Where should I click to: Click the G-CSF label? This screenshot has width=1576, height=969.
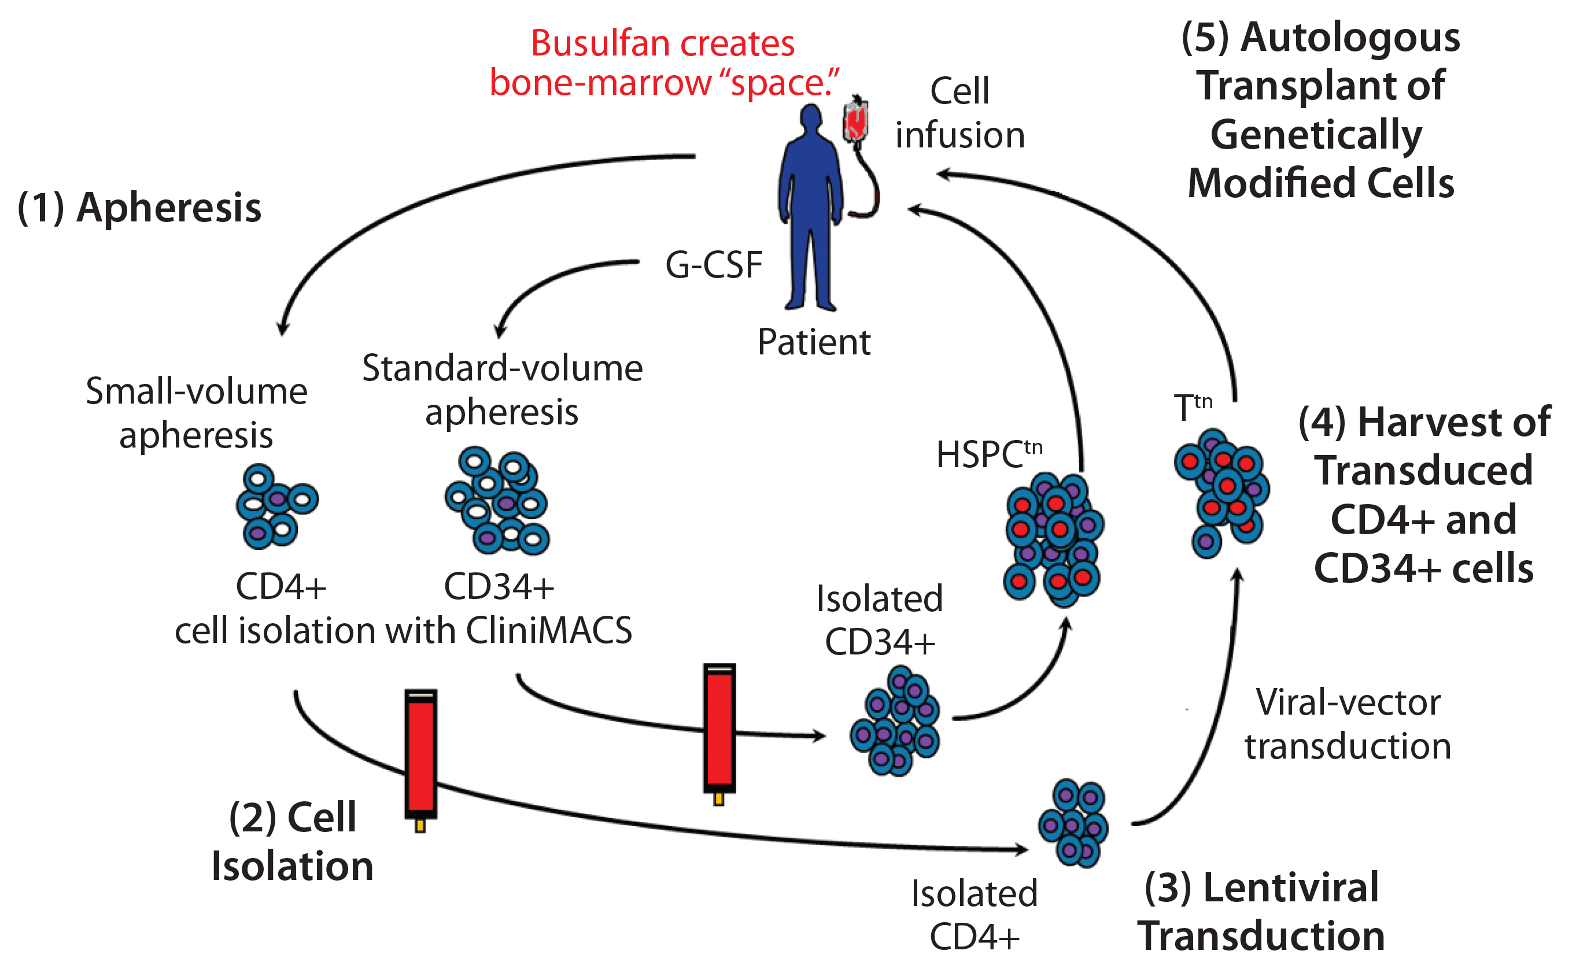[713, 265]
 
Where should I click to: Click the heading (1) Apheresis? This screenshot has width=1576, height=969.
[140, 208]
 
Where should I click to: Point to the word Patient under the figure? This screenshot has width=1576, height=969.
[813, 342]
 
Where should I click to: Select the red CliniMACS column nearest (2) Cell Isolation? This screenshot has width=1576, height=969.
[420, 757]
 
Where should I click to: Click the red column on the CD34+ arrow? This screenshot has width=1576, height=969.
[719, 730]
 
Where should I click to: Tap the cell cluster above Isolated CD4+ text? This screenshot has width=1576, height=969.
[1072, 823]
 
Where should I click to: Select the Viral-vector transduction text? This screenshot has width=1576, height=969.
[1347, 724]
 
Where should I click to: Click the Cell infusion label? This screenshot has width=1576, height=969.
[959, 113]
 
